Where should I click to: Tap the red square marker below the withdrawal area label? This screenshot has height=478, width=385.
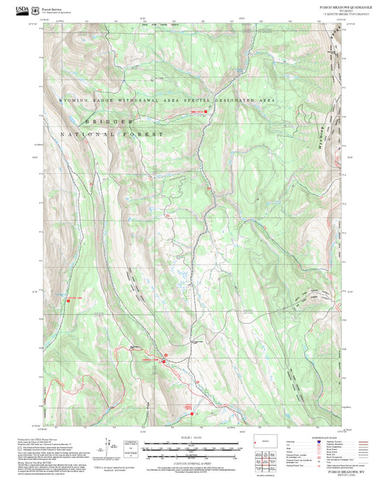207,112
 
